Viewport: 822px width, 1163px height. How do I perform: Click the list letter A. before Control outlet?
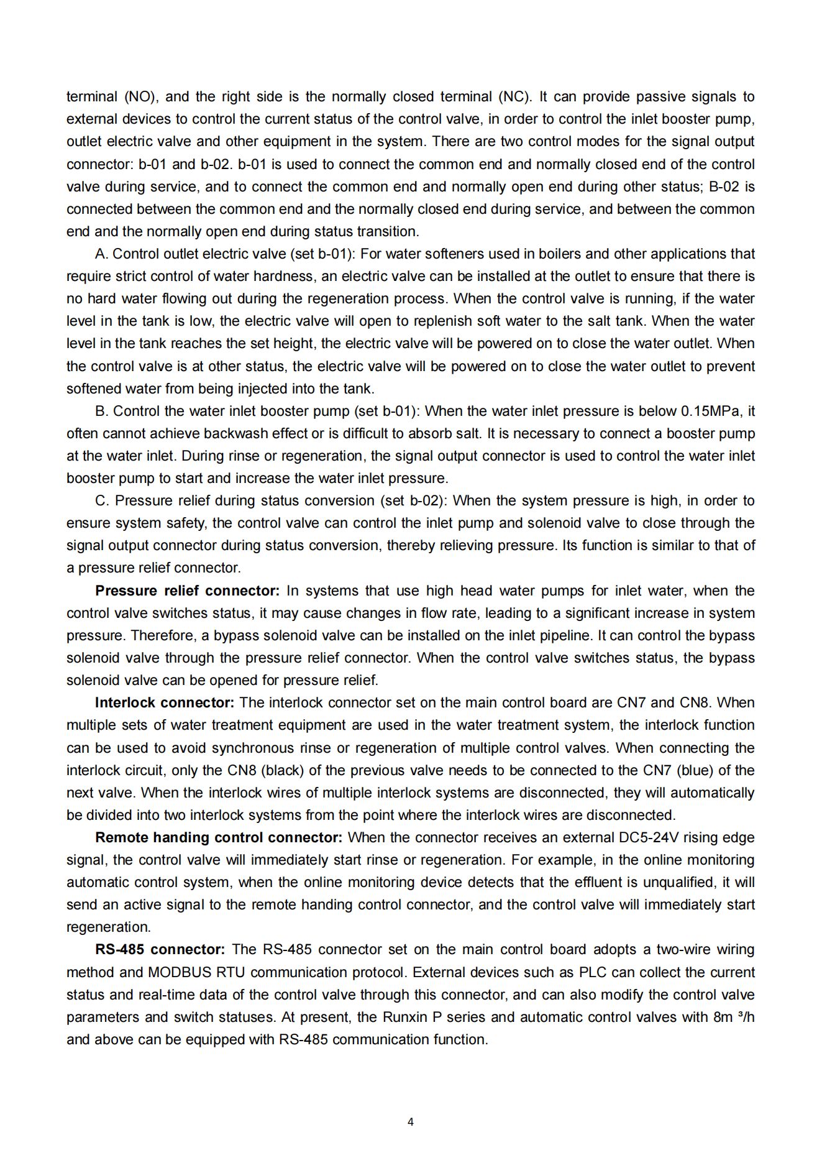pyautogui.click(x=101, y=254)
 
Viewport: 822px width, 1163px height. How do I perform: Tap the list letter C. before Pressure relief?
pyautogui.click(x=103, y=500)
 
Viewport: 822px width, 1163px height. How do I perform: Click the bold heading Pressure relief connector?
pyautogui.click(x=187, y=591)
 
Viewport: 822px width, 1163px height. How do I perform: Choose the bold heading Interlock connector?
pyautogui.click(x=164, y=702)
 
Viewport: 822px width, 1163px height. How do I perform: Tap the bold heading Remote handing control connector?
pyautogui.click(x=218, y=837)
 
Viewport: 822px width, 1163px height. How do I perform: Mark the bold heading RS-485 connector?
pyautogui.click(x=160, y=949)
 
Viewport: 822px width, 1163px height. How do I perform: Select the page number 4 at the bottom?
pyautogui.click(x=411, y=1121)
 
